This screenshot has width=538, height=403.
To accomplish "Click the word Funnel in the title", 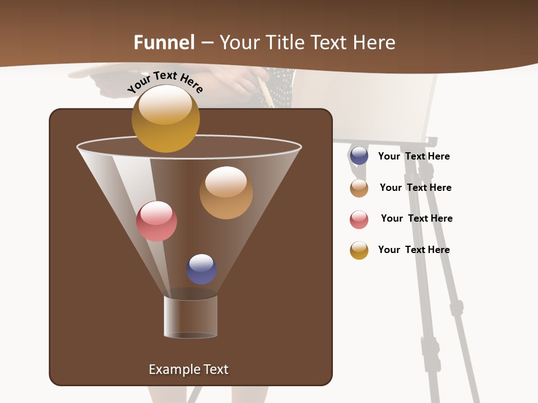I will [x=164, y=43].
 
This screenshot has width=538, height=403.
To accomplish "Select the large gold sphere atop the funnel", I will [x=165, y=119].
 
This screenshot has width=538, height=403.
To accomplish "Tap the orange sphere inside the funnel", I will [x=226, y=193].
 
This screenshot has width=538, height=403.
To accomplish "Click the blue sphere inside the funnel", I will [x=201, y=269].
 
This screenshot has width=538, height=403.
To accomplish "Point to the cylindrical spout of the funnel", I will [x=191, y=317].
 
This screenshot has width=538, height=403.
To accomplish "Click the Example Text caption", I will [x=188, y=369].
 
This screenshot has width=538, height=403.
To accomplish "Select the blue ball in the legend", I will [x=359, y=156].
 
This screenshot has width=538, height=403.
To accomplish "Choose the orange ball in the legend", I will [x=359, y=188].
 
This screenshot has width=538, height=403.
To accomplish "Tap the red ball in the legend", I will [x=359, y=219].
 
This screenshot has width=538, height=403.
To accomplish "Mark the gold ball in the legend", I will [x=359, y=250].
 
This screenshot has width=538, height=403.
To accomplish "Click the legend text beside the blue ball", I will [x=414, y=156].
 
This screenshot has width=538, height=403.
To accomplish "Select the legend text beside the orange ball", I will [x=415, y=188].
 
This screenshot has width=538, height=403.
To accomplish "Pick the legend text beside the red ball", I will [x=416, y=218].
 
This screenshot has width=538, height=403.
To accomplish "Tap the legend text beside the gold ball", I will [x=414, y=250].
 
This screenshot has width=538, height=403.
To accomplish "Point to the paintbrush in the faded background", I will [x=265, y=91].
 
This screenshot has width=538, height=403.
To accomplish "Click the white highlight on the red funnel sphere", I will [x=156, y=213].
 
